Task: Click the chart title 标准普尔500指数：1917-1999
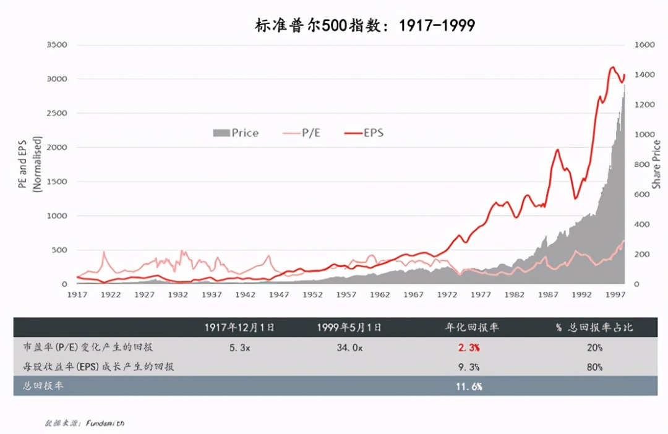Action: [x=365, y=25]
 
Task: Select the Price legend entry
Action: [x=236, y=133]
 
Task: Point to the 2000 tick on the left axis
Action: [x=56, y=147]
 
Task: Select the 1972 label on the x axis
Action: [x=447, y=295]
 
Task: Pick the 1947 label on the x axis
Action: [x=278, y=295]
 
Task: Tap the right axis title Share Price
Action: [x=657, y=164]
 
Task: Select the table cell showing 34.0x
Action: [x=349, y=348]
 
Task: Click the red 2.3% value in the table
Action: [x=469, y=348]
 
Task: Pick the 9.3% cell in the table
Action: [x=469, y=367]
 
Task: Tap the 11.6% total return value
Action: [x=469, y=386]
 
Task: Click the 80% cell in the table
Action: [x=594, y=367]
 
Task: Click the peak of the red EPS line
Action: [x=612, y=67]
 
